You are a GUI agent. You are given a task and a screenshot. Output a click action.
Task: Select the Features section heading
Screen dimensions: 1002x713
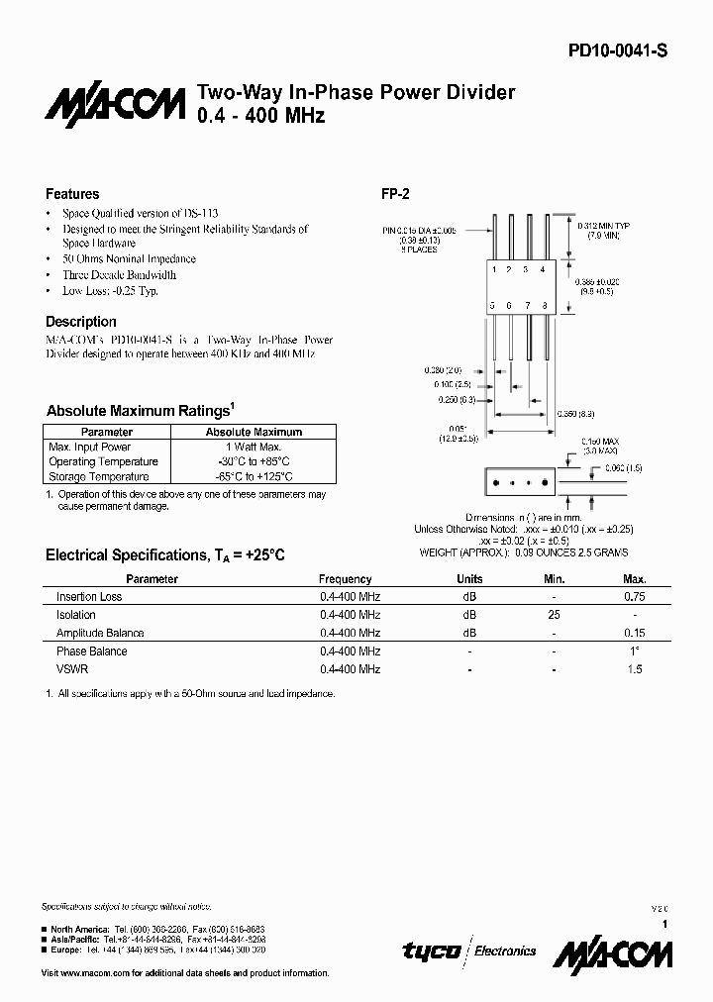tap(72, 194)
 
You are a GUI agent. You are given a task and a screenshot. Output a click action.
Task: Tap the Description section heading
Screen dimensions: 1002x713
tap(81, 322)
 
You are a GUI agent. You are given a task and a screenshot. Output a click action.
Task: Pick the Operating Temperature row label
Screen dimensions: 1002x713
tap(103, 462)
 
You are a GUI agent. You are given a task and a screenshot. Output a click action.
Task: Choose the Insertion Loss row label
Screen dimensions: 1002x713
tap(89, 597)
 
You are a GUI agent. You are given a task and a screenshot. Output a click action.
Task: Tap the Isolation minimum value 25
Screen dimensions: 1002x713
tap(555, 615)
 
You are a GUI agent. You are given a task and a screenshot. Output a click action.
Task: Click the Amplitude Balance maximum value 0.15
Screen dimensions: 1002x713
tap(634, 633)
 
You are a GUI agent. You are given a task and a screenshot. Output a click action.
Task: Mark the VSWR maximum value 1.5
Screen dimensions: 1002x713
tap(635, 669)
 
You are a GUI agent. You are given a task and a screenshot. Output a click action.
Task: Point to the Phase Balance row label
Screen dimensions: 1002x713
tap(91, 651)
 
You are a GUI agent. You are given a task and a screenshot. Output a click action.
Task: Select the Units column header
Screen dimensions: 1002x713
tap(469, 579)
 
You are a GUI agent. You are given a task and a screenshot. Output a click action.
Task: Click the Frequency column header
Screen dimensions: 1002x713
tap(346, 579)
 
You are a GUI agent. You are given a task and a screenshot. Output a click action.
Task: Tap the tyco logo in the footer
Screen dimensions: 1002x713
tap(431, 951)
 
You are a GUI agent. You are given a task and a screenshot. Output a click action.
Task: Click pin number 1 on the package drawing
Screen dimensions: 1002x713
tap(494, 268)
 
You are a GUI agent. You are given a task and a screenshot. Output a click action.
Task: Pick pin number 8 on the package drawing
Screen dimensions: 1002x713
tap(544, 305)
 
